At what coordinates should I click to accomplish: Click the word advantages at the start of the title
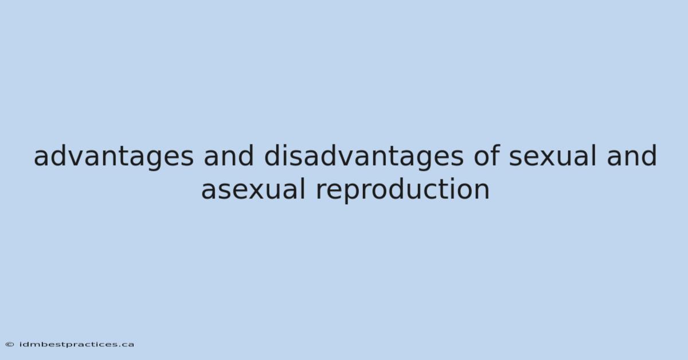[x=114, y=156]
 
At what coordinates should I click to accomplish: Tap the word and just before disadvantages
[x=229, y=156]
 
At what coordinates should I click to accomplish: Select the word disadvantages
[x=363, y=156]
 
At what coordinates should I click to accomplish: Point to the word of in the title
[x=487, y=156]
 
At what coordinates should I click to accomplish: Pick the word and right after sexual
[x=632, y=156]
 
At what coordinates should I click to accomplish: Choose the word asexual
[x=253, y=189]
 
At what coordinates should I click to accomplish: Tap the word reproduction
[x=402, y=190]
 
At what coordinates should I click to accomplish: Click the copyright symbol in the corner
[x=10, y=345]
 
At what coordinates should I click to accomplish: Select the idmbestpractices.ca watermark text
[x=77, y=345]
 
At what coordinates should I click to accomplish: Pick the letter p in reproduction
[x=353, y=194]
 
